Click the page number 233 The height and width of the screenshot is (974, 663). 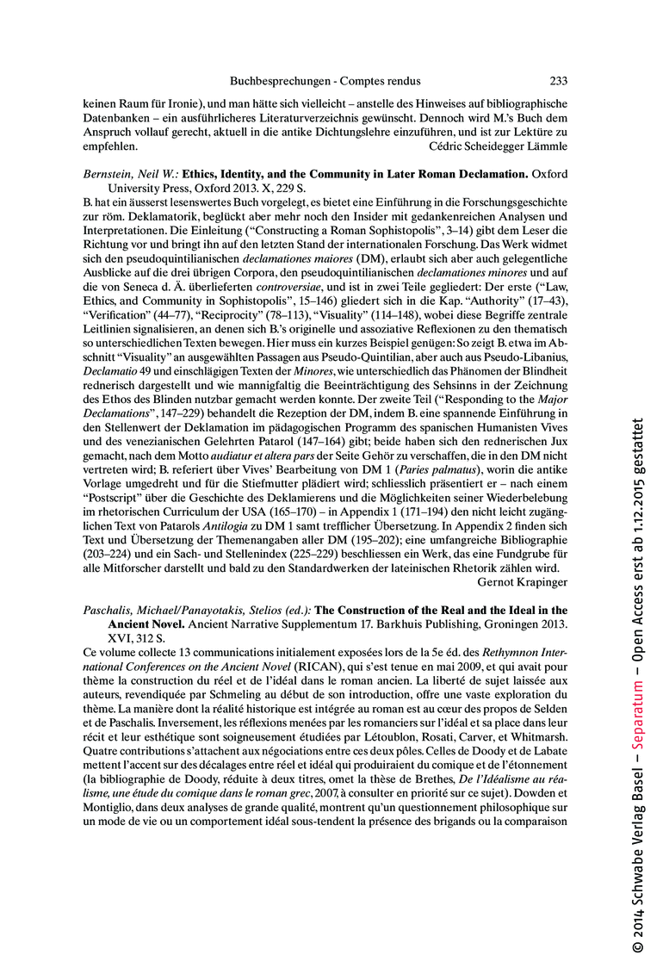558,81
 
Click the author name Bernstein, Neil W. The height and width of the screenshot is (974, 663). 130,173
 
